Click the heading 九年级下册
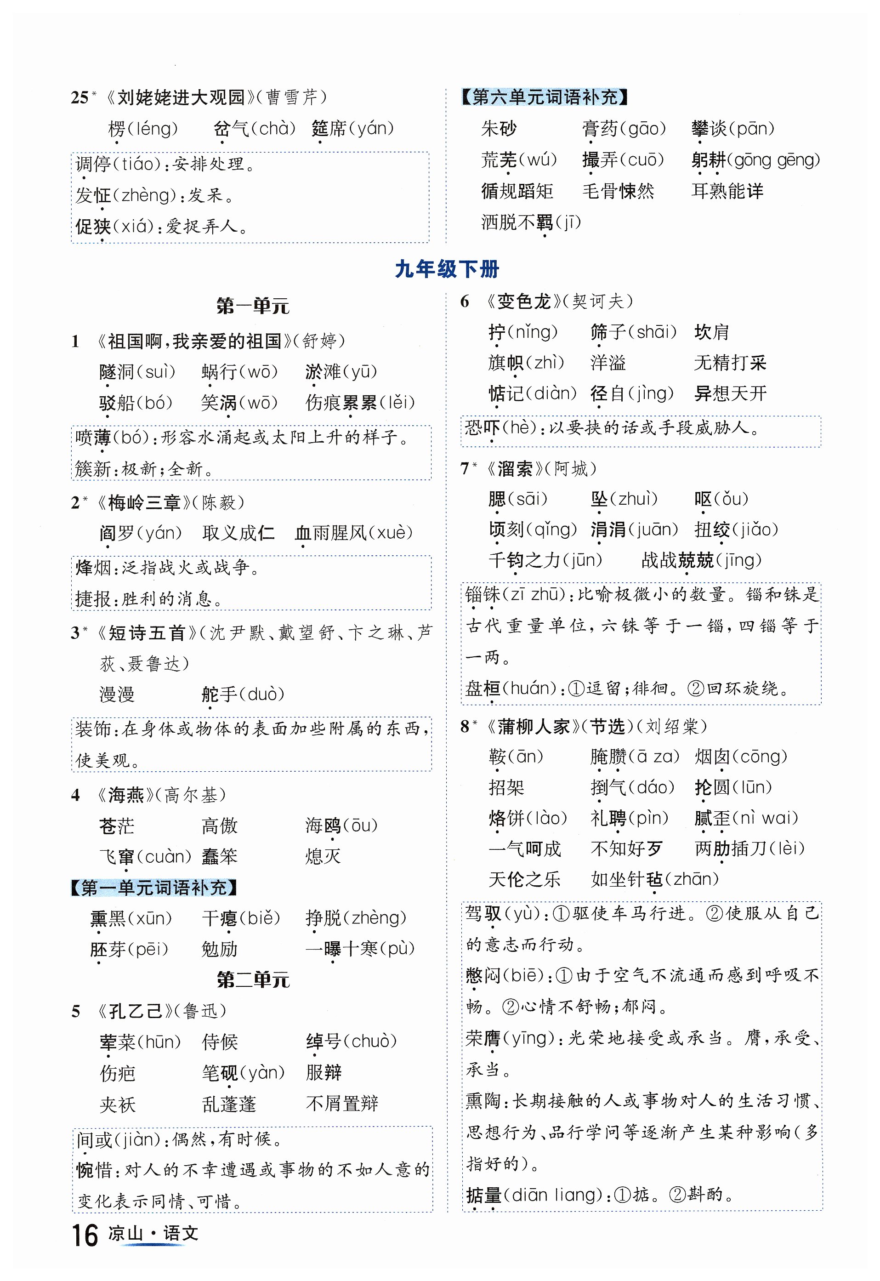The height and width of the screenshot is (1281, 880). [x=447, y=270]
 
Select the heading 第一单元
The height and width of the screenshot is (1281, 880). [x=253, y=306]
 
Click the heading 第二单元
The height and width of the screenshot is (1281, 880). [x=253, y=980]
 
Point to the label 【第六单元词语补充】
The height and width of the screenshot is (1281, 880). [x=545, y=97]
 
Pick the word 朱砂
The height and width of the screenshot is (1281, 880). [x=499, y=129]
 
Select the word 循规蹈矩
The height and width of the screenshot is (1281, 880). [x=517, y=191]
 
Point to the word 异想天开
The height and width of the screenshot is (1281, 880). [x=730, y=394]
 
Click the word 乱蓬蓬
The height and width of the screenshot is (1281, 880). [x=229, y=1104]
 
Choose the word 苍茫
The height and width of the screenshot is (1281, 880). [x=116, y=826]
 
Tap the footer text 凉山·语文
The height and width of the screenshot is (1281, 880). [x=153, y=1234]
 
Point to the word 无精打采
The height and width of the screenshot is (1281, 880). [x=730, y=363]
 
